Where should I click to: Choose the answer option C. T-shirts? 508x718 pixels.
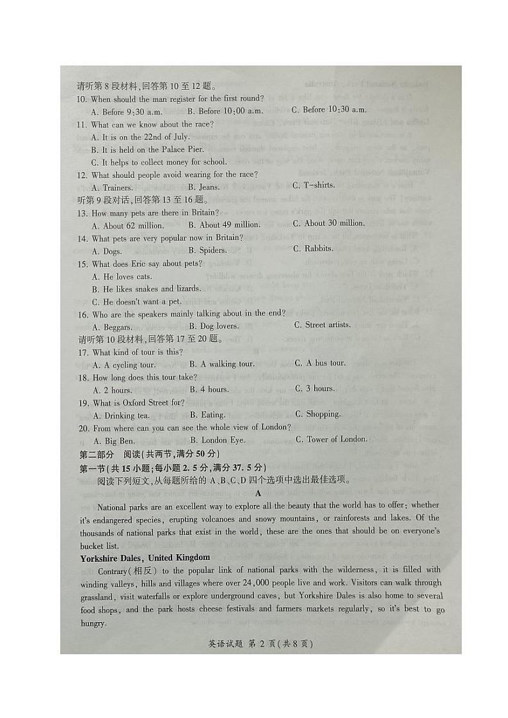point(314,186)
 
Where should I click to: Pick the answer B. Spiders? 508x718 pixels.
point(209,251)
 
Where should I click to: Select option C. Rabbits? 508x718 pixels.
point(314,249)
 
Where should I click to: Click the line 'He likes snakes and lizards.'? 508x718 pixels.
point(147,289)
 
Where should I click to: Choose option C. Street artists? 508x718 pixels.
point(322,325)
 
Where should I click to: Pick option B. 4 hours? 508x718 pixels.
point(209,390)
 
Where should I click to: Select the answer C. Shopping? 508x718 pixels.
point(317,415)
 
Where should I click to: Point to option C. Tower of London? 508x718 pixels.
point(331,439)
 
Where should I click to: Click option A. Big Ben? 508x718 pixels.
point(114,441)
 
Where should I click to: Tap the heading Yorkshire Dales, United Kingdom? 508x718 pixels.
point(145,558)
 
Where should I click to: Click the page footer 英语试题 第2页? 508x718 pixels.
point(260,644)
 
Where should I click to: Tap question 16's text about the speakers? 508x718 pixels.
point(188,314)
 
